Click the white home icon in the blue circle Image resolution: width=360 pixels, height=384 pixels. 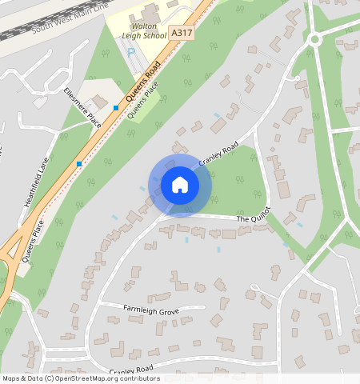click(x=180, y=185)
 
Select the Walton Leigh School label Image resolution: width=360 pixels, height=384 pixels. click(x=142, y=30)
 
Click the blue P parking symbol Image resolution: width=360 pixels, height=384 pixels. click(x=132, y=53)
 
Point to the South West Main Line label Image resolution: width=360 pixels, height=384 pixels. click(x=70, y=18)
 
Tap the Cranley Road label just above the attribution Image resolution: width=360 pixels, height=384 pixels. click(x=131, y=370)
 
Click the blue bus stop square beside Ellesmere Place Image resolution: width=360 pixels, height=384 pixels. click(x=116, y=107)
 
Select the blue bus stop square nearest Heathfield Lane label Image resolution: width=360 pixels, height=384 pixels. click(x=79, y=163)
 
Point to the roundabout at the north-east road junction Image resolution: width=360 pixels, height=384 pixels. click(x=315, y=38)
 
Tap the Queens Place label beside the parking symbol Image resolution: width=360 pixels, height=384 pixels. click(x=143, y=102)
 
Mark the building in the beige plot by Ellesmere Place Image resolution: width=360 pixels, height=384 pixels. click(x=99, y=102)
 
